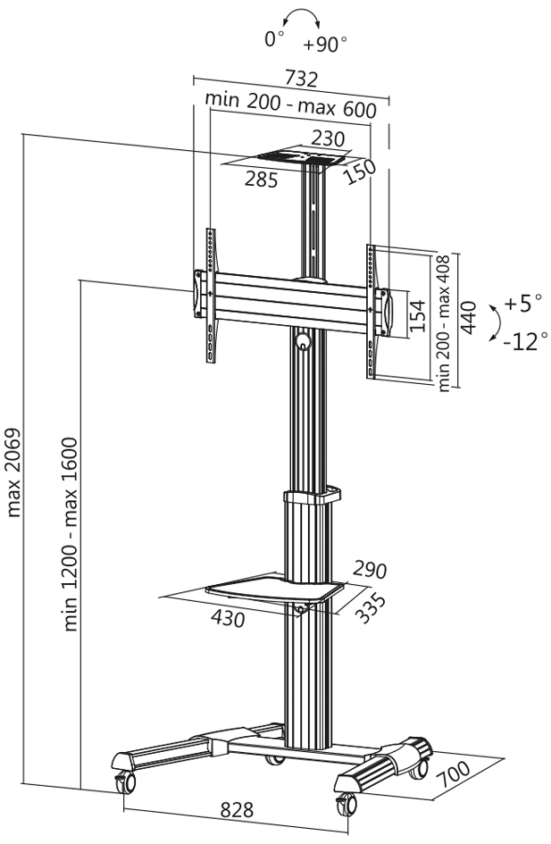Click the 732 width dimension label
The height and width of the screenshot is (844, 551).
(302, 79)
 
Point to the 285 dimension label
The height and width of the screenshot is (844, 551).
(261, 179)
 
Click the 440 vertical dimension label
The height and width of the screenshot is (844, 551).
(468, 316)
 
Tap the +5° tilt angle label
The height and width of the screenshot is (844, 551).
(522, 304)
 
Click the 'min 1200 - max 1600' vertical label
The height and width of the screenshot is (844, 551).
(72, 533)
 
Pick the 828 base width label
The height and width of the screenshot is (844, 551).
(236, 811)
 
